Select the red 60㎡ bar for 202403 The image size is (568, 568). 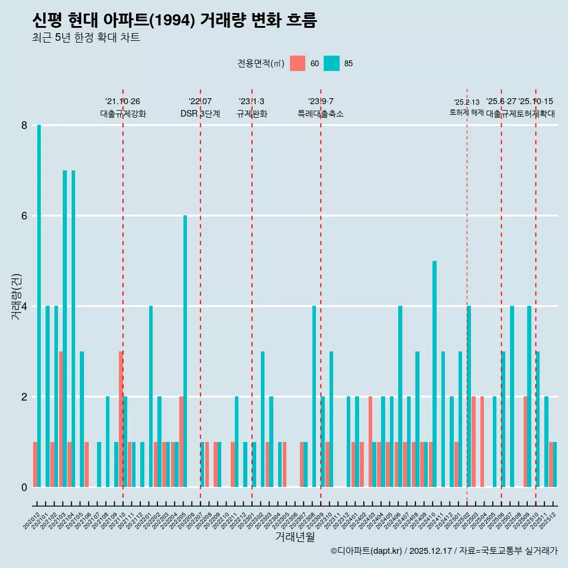[370, 441]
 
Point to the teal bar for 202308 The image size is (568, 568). [314, 396]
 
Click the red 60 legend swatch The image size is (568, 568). [298, 63]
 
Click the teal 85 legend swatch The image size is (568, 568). [332, 63]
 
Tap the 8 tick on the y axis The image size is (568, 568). [24, 125]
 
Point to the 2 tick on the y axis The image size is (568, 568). [24, 396]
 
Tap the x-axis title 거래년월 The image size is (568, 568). [295, 537]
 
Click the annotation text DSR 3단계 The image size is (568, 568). [200, 114]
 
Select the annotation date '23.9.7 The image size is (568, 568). [321, 102]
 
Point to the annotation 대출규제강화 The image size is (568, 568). [122, 114]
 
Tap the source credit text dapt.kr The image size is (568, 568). [385, 551]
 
